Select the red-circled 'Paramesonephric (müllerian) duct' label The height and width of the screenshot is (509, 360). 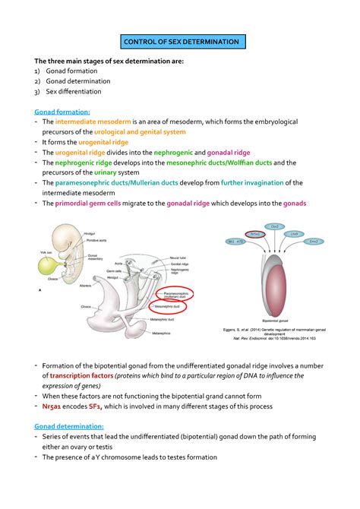pyautogui.click(x=175, y=294)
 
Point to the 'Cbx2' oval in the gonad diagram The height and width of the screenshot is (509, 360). pyautogui.click(x=274, y=226)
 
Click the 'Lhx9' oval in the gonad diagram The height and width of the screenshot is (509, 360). pyautogui.click(x=293, y=234)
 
